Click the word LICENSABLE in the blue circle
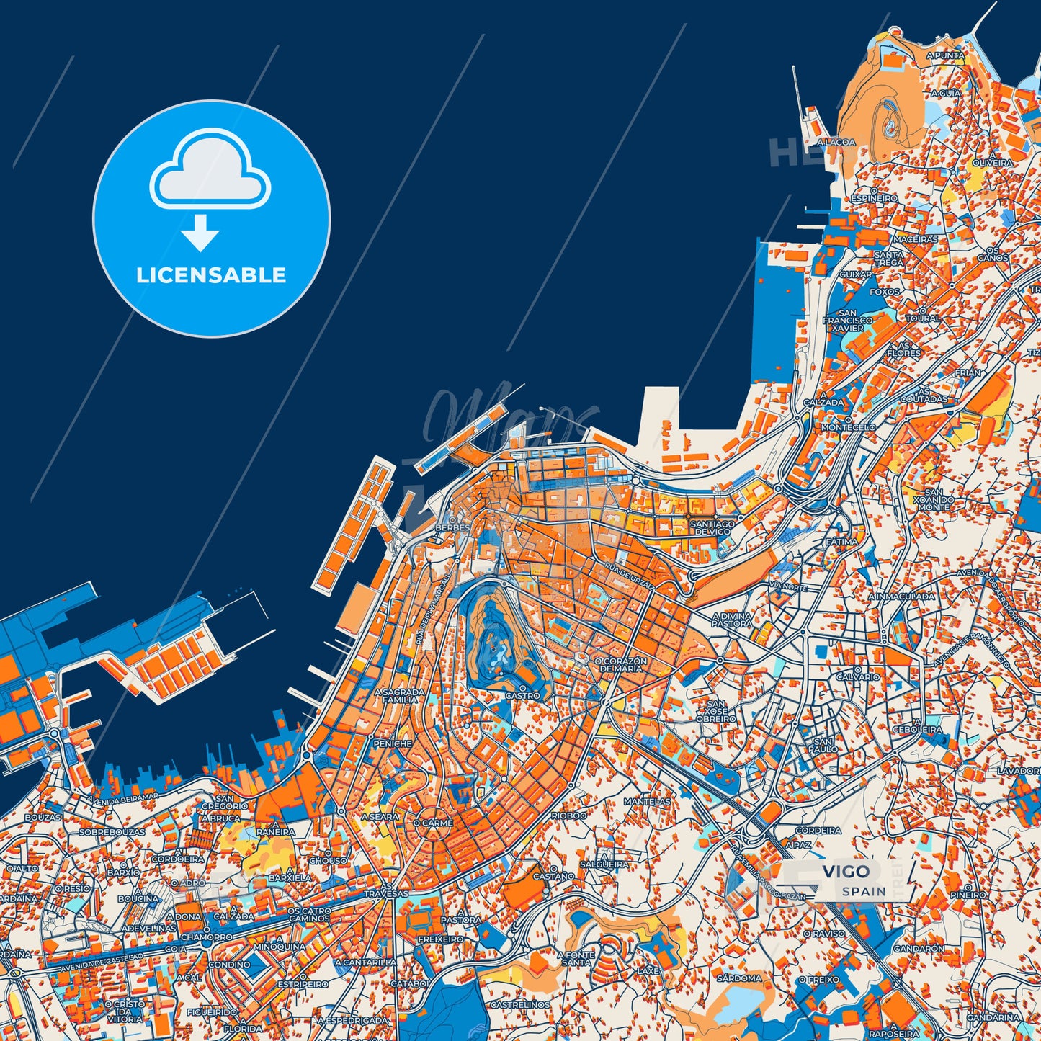pyautogui.click(x=211, y=274)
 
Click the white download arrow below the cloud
pyautogui.click(x=200, y=233)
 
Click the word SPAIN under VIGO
pyautogui.click(x=864, y=891)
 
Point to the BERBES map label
pyautogui.click(x=452, y=527)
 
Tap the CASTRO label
pyautogui.click(x=522, y=696)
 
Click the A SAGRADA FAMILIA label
pyautogui.click(x=400, y=695)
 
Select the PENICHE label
pyautogui.click(x=393, y=743)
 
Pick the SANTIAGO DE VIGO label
pyautogui.click(x=712, y=527)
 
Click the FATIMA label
pyautogui.click(x=841, y=541)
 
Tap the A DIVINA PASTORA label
pyautogui.click(x=732, y=620)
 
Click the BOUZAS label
pyautogui.click(x=43, y=818)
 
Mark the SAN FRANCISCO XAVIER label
pyautogui.click(x=848, y=320)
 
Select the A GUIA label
pyautogui.click(x=945, y=94)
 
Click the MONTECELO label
pyautogui.click(x=849, y=427)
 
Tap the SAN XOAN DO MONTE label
pyautogui.click(x=934, y=499)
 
